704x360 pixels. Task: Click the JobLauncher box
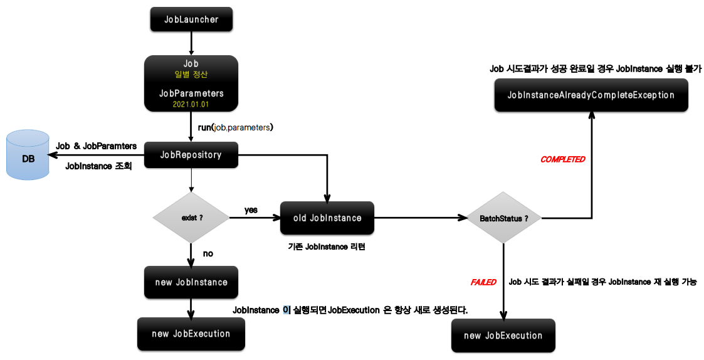(191, 19)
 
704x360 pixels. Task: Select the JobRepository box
(191, 155)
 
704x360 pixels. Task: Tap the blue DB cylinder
(28, 156)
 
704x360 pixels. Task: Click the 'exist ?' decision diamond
(191, 218)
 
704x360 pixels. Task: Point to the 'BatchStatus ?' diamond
(503, 218)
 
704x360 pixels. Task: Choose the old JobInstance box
(327, 218)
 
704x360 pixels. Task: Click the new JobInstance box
(191, 282)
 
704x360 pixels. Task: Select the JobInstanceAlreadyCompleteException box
(591, 95)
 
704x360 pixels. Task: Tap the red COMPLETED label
(562, 159)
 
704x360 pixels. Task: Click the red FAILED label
(483, 282)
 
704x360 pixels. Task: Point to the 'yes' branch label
(251, 210)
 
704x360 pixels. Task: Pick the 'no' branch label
(208, 253)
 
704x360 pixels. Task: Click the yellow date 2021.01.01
(191, 104)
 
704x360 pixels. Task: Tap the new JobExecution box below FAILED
(503, 336)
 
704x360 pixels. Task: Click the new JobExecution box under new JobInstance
(191, 334)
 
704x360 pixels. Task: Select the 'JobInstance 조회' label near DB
(98, 166)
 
